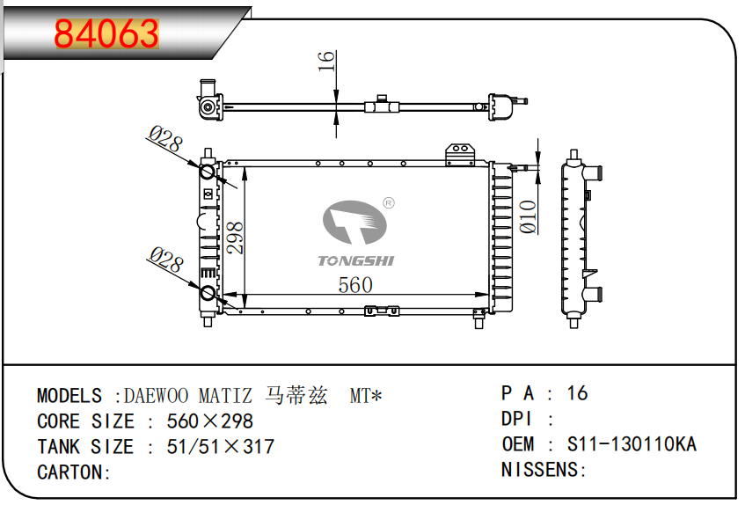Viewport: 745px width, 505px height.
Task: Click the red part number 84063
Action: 106,33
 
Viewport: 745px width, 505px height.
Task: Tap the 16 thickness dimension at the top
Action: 326,62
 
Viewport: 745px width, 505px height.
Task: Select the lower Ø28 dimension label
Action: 166,260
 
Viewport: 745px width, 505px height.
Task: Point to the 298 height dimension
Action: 235,238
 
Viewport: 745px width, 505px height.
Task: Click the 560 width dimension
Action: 355,285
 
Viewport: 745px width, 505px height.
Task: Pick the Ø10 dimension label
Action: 529,216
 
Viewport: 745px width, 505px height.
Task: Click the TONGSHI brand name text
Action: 356,260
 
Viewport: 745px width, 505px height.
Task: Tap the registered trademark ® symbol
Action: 389,203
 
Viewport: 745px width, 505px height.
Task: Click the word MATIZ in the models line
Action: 225,396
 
